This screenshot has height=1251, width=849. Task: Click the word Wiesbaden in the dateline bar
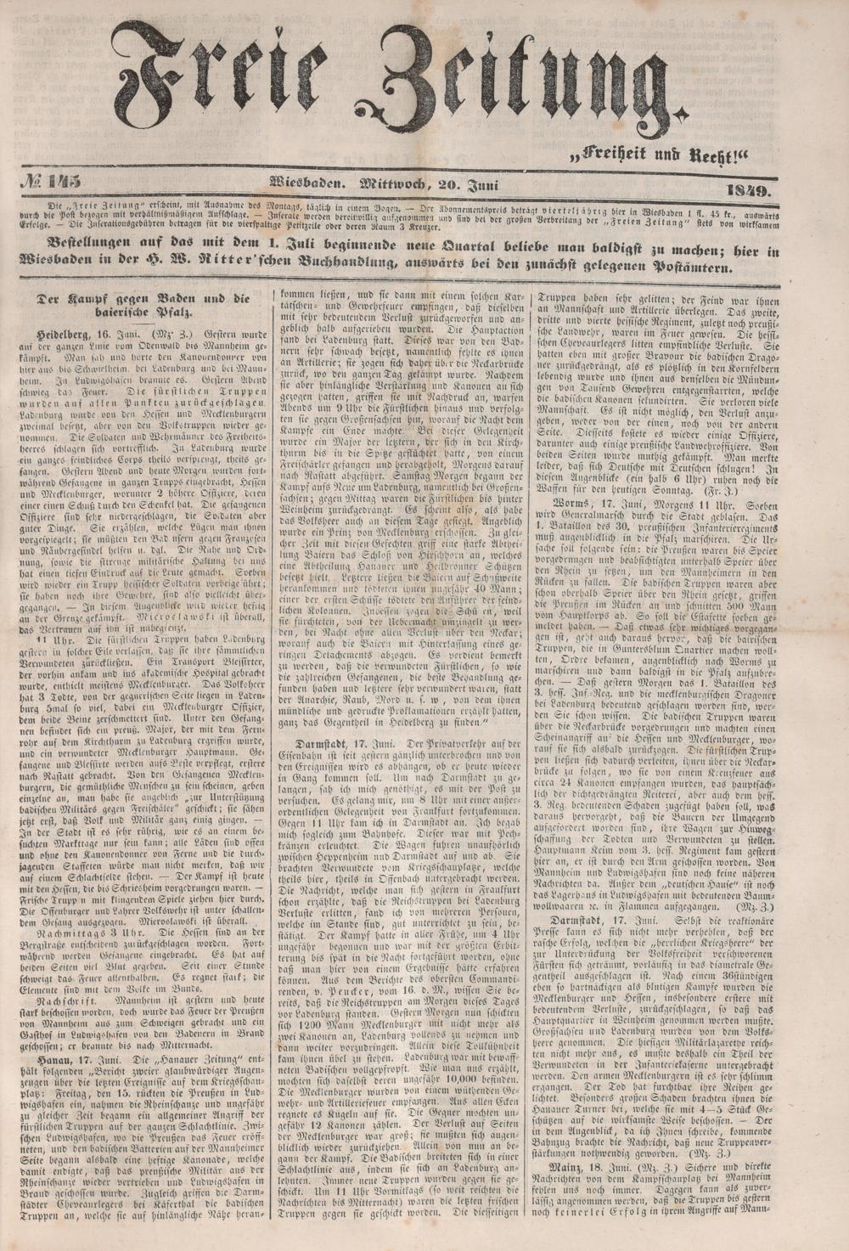[x=305, y=181]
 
